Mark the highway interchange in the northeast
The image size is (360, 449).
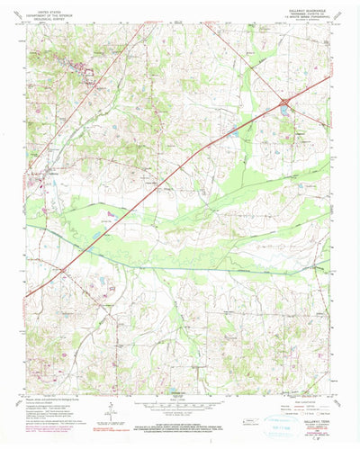coord(283,106)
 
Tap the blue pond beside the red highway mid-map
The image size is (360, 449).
coord(236,133)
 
